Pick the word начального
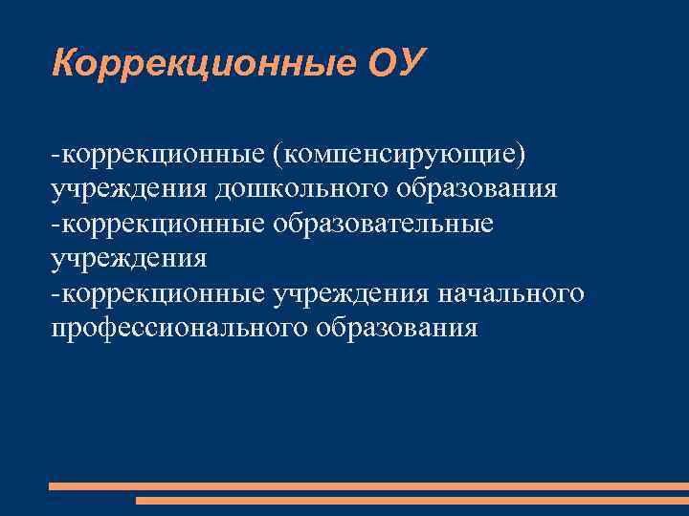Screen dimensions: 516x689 point(509,293)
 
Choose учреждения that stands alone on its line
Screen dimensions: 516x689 point(128,258)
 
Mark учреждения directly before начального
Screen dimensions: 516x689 point(350,293)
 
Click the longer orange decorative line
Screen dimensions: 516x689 point(368,485)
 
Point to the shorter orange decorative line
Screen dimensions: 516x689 point(411,500)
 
